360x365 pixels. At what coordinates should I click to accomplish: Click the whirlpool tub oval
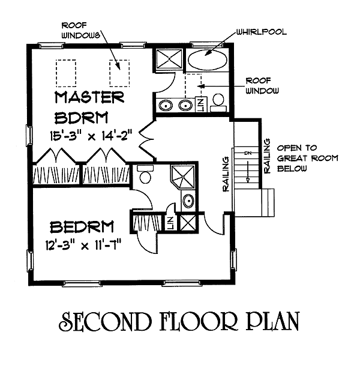point(208,61)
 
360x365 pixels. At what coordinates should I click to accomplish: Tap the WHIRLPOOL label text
point(261,32)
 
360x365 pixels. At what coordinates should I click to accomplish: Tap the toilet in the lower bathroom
point(144,176)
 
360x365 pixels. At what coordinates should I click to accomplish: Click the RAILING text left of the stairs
point(227,175)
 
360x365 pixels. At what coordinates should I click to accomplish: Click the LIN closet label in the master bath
point(200,104)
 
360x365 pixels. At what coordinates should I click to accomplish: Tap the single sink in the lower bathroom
point(187,201)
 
